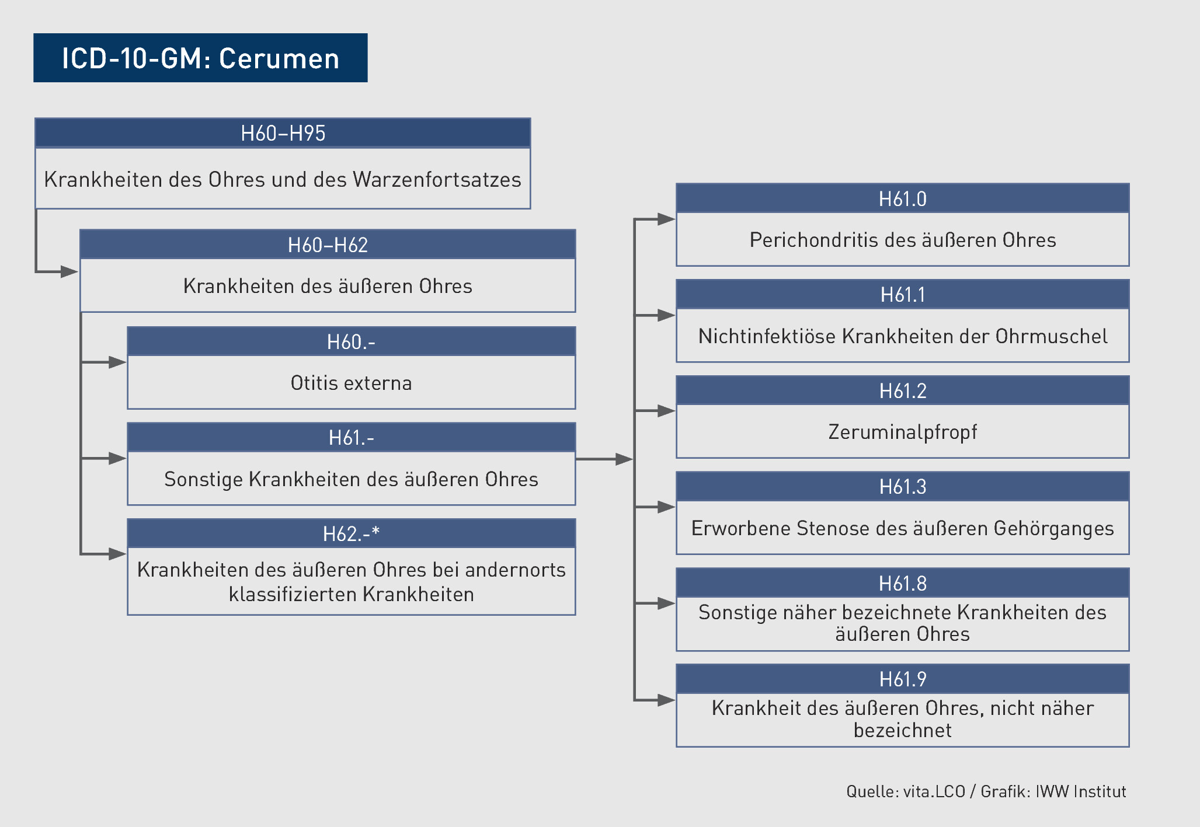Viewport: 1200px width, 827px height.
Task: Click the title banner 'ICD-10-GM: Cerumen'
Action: pyautogui.click(x=200, y=58)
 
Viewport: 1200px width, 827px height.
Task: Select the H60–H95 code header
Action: pyautogui.click(x=283, y=133)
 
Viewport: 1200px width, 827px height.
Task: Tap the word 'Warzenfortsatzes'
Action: pyautogui.click(x=437, y=179)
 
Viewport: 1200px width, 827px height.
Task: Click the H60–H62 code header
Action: pyautogui.click(x=328, y=245)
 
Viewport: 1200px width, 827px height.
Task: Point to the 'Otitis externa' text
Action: pyautogui.click(x=351, y=383)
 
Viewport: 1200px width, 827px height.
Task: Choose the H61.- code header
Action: pyautogui.click(x=351, y=437)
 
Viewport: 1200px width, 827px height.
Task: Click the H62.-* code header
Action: pyautogui.click(x=351, y=533)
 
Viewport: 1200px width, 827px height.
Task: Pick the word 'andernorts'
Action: pyautogui.click(x=516, y=570)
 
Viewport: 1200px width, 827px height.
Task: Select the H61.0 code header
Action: pyautogui.click(x=902, y=198)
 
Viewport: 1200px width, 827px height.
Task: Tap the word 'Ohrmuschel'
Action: pyautogui.click(x=1051, y=336)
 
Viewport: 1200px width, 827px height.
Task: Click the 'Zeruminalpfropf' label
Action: pyautogui.click(x=902, y=432)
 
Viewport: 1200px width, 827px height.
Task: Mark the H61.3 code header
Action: pyautogui.click(x=902, y=486)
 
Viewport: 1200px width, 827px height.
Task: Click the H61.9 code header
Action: pyautogui.click(x=902, y=679)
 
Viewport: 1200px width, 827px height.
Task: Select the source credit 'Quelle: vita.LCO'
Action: pyautogui.click(x=906, y=791)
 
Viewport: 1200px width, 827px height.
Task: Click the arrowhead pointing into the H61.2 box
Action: pyautogui.click(x=666, y=411)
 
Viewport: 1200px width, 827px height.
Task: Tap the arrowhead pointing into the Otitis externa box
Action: pyautogui.click(x=117, y=362)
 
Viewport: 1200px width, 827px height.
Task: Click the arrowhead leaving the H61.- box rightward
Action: pyautogui.click(x=624, y=459)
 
